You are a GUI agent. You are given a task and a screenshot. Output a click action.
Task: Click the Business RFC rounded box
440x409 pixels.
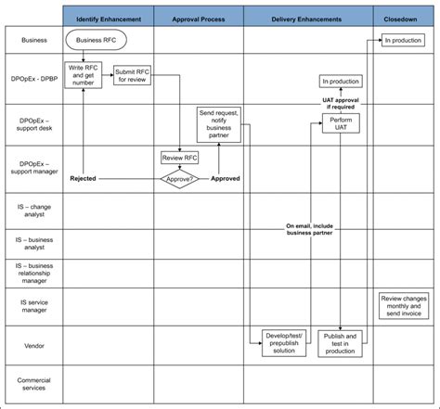[x=97, y=40]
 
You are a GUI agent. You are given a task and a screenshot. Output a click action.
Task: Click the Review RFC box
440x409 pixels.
[x=180, y=158]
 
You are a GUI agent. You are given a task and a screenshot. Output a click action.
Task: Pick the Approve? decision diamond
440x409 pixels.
[x=180, y=178]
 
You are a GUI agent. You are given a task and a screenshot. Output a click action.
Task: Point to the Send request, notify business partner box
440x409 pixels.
[x=220, y=123]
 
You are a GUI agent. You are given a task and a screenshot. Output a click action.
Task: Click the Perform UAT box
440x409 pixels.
[x=341, y=123]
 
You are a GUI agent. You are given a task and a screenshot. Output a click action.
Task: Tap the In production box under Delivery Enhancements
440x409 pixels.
[x=342, y=82]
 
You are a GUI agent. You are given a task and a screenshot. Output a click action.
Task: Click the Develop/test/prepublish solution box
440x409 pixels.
[x=283, y=341]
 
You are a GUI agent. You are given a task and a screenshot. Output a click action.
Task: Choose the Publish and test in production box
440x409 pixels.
[x=341, y=344]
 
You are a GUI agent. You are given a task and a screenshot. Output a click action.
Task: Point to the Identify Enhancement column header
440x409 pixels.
[x=108, y=19]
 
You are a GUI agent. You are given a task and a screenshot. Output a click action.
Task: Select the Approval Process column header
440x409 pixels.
[x=199, y=19]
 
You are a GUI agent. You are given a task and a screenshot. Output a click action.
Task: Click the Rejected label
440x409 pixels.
[x=84, y=178]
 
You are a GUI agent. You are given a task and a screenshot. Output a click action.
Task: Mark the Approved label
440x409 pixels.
[x=226, y=178]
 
